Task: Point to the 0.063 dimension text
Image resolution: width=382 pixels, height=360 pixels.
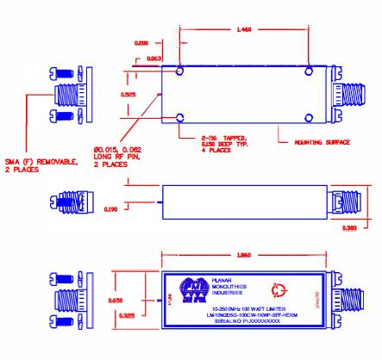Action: (x=152, y=59)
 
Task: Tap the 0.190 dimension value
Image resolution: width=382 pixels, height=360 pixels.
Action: (x=135, y=208)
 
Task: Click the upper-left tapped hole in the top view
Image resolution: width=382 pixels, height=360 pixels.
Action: (x=179, y=70)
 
